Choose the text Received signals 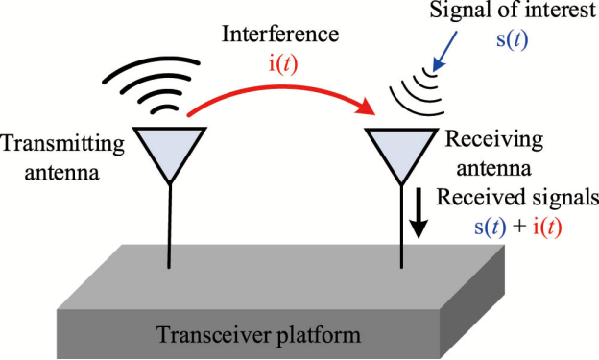[517, 198]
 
